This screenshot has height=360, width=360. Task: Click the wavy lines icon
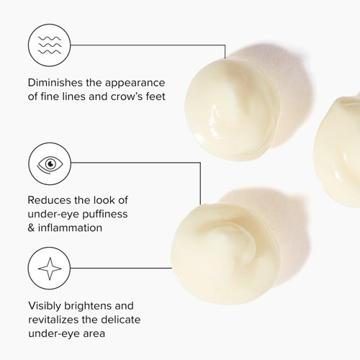50,45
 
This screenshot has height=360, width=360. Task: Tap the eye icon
50,164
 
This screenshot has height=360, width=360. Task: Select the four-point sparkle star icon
50,269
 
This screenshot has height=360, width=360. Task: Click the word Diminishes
55,83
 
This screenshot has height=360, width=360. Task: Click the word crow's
127,96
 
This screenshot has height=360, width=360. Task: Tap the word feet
156,96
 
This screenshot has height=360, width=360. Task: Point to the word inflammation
70,228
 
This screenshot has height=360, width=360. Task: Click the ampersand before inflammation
31,228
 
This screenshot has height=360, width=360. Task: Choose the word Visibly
45,306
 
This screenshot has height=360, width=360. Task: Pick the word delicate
121,320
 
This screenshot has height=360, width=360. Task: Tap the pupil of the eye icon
50,164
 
